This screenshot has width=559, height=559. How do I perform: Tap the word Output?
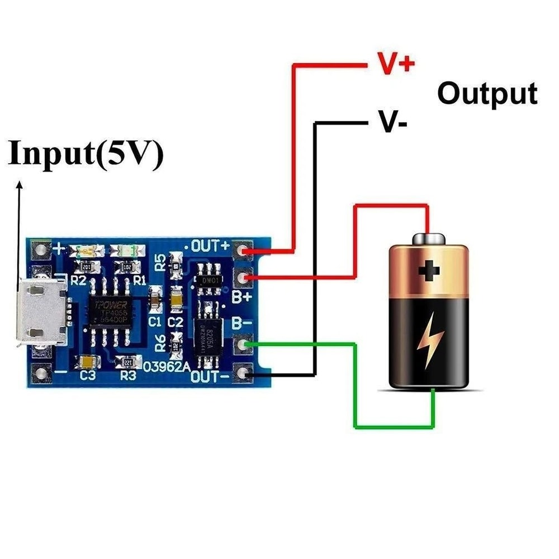click(487, 93)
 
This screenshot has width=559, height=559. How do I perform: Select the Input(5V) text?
click(86, 153)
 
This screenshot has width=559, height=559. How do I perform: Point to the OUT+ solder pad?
click(243, 251)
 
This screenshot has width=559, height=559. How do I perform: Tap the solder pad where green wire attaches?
click(243, 345)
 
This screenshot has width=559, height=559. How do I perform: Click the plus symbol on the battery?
click(429, 272)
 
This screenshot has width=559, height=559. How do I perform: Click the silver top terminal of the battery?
click(429, 239)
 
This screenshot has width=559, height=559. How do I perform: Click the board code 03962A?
click(167, 368)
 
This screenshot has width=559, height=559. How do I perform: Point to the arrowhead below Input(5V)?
click(20, 185)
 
